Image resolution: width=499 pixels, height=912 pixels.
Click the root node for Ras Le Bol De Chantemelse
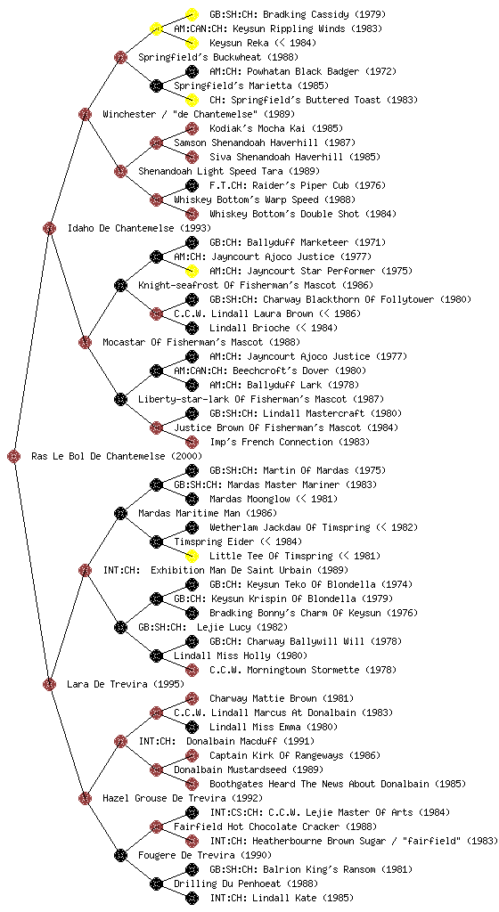pyautogui.click(x=14, y=457)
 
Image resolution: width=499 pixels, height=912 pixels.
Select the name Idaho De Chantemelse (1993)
pyautogui.click(x=139, y=229)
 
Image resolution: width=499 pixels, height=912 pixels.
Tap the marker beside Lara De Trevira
pyautogui.click(x=49, y=685)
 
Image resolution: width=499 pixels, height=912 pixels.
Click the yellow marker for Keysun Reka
pyautogui.click(x=192, y=43)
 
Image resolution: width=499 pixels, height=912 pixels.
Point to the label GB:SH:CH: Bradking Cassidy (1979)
pyautogui.click(x=297, y=14)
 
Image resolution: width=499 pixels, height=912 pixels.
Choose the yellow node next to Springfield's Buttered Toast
pyautogui.click(x=192, y=100)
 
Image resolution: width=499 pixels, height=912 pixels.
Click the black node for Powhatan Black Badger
pyautogui.click(x=192, y=71)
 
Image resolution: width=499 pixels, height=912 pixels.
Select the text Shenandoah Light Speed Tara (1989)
pyautogui.click(x=229, y=172)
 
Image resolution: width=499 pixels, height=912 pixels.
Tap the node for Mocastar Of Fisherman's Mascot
pyautogui.click(x=85, y=343)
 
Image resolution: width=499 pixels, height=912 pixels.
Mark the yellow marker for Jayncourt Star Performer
pyautogui.click(x=192, y=271)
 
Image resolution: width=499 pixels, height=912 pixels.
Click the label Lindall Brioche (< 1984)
pyautogui.click(x=274, y=328)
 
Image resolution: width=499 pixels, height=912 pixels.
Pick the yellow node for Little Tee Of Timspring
pyautogui.click(x=192, y=556)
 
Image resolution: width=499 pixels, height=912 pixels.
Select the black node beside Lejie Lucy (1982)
pyautogui.click(x=120, y=628)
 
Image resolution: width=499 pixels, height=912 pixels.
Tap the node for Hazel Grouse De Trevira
pyautogui.click(x=85, y=799)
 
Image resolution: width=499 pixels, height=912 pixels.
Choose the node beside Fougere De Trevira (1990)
pyautogui.click(x=120, y=856)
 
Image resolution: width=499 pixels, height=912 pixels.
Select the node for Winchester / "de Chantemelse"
pyautogui.click(x=85, y=115)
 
